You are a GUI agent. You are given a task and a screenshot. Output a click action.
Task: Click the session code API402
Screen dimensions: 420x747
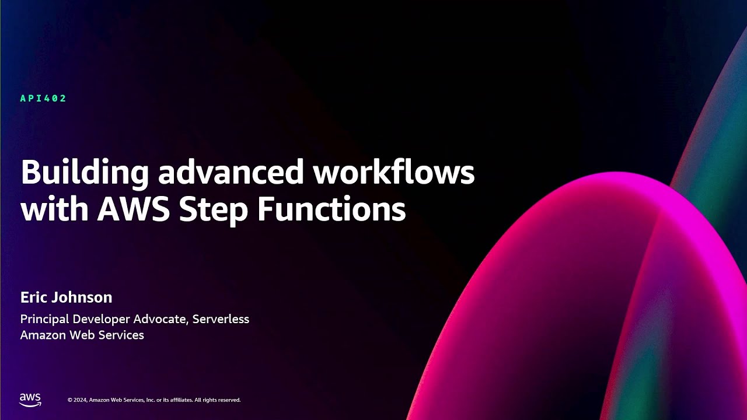(43, 99)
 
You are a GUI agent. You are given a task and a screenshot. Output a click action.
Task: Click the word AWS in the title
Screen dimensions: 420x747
(134, 209)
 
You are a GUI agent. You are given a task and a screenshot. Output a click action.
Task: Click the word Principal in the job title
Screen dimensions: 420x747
(44, 319)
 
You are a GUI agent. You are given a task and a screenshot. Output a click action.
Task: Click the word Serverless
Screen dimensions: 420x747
(221, 319)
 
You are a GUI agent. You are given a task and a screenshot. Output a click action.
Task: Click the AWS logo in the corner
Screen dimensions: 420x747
(30, 400)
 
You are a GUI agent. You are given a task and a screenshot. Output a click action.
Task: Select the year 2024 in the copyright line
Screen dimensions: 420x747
(81, 400)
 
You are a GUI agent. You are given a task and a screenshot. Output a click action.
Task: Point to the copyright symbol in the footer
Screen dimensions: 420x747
(70, 400)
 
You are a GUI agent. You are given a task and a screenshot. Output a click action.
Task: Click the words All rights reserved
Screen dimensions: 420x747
(217, 400)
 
